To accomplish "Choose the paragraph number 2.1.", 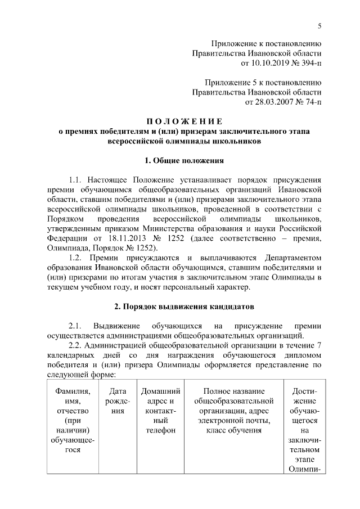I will [x=76, y=327].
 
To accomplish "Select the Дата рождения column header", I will [x=117, y=400].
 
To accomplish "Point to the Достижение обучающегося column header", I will [x=305, y=430].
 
